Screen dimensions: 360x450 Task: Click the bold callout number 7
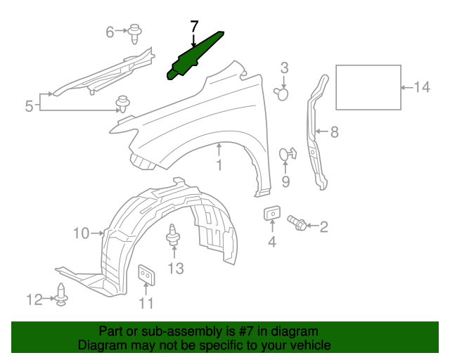pos(195,27)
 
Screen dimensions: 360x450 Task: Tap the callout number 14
pos(421,87)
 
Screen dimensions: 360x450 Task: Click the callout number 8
pos(334,131)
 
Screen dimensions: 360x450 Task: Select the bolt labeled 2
pos(296,224)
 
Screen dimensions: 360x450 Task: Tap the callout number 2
pos(324,226)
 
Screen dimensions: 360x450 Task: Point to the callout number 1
pos(219,166)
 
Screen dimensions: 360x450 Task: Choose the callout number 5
pos(29,106)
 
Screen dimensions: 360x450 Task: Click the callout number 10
pos(81,233)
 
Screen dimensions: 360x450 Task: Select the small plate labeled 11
pos(147,274)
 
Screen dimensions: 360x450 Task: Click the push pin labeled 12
pos(62,295)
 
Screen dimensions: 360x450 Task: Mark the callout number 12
pos(34,300)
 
